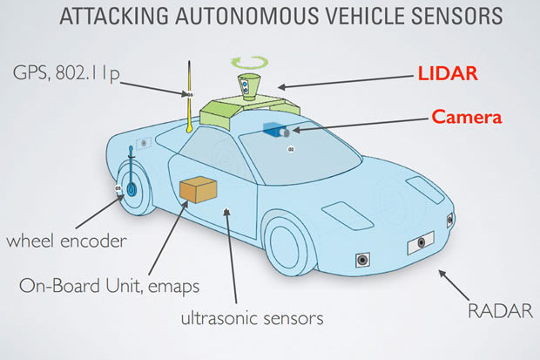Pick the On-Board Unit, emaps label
(107, 285)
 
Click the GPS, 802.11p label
(60, 72)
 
